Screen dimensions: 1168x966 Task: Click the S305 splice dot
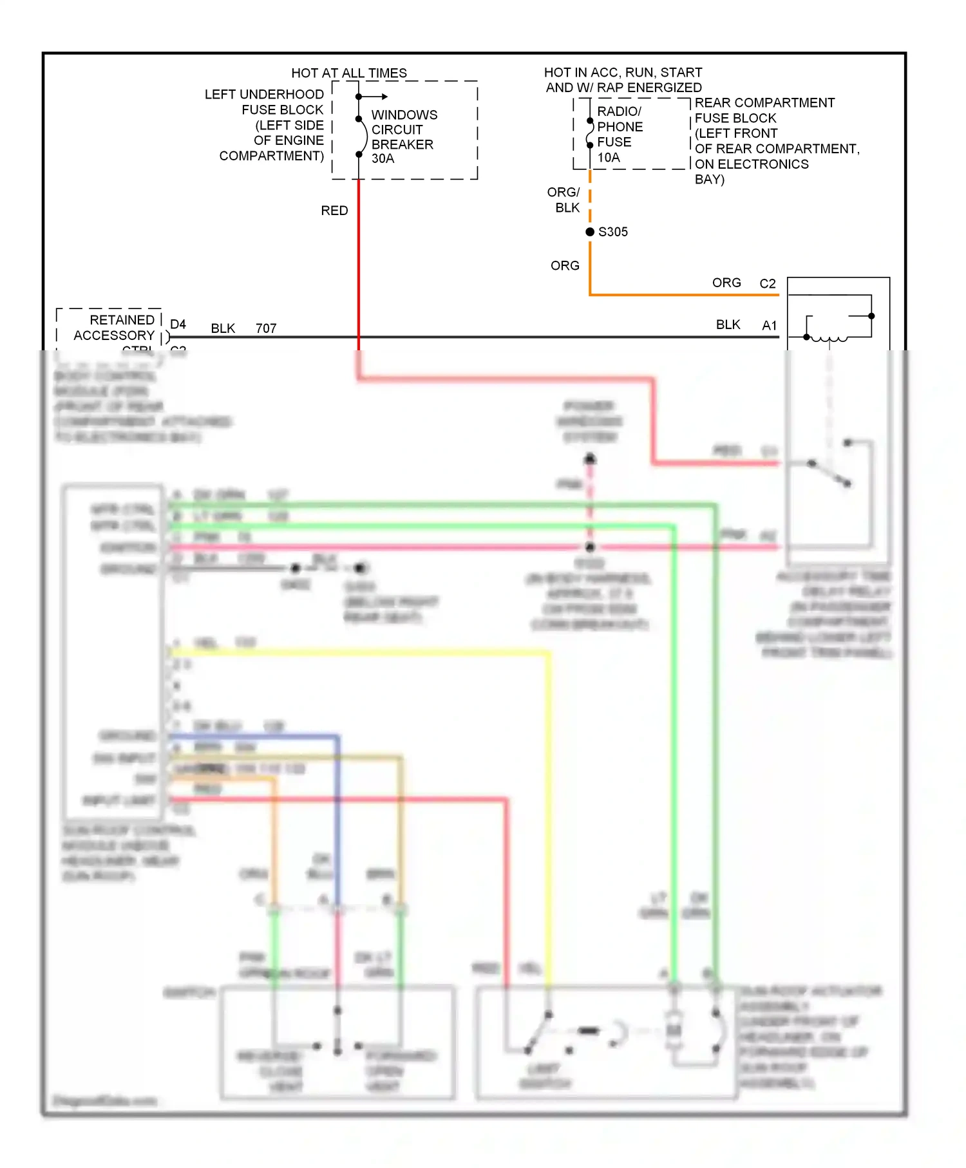[589, 232]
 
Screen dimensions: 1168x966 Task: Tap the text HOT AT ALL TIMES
[348, 73]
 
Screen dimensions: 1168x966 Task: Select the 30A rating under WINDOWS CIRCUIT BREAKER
[383, 158]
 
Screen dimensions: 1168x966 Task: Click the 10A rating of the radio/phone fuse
[608, 157]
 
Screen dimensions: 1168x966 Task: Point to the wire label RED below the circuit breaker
[334, 211]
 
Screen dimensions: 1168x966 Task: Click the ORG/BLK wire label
[563, 200]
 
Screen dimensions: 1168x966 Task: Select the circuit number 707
[265, 328]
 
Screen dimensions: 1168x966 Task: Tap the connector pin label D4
[178, 324]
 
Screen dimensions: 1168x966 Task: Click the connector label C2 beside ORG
[767, 283]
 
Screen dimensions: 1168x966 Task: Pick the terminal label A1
[769, 325]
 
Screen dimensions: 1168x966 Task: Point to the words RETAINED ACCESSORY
[115, 327]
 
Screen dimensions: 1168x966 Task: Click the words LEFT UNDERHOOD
[264, 94]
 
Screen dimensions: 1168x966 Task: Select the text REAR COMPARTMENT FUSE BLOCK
[764, 110]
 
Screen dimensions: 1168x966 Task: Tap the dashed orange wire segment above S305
[589, 200]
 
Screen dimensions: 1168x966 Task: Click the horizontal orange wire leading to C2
[683, 295]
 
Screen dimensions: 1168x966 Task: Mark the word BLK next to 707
[223, 328]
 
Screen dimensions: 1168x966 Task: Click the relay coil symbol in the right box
[828, 337]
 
